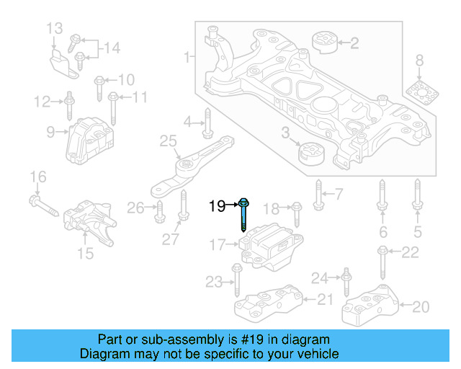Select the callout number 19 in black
tap(217, 207)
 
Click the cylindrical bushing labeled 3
tap(312, 153)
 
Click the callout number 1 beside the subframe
tap(187, 56)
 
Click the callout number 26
tap(135, 208)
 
